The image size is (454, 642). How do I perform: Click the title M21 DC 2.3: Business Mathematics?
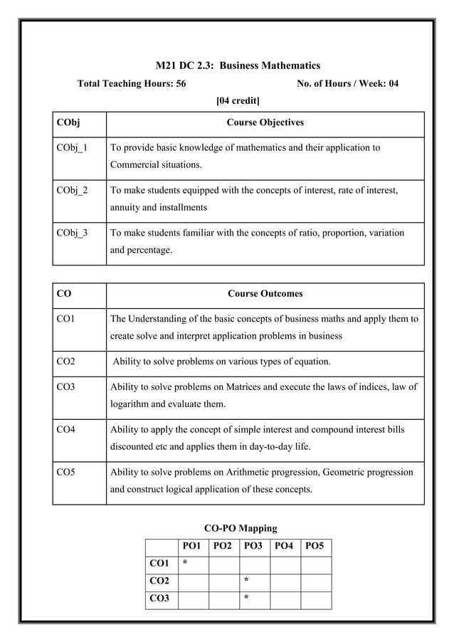click(238, 65)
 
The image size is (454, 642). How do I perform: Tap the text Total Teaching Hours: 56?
click(132, 83)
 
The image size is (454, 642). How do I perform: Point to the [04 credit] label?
click(237, 100)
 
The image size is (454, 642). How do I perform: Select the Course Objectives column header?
click(265, 122)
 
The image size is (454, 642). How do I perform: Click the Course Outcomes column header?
click(265, 293)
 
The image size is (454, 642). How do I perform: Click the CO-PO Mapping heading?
click(241, 528)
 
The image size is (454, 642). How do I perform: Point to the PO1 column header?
click(192, 547)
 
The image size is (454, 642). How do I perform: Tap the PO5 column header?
click(315, 547)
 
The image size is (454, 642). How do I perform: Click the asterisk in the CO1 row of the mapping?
click(185, 564)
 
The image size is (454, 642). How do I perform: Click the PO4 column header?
click(284, 547)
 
